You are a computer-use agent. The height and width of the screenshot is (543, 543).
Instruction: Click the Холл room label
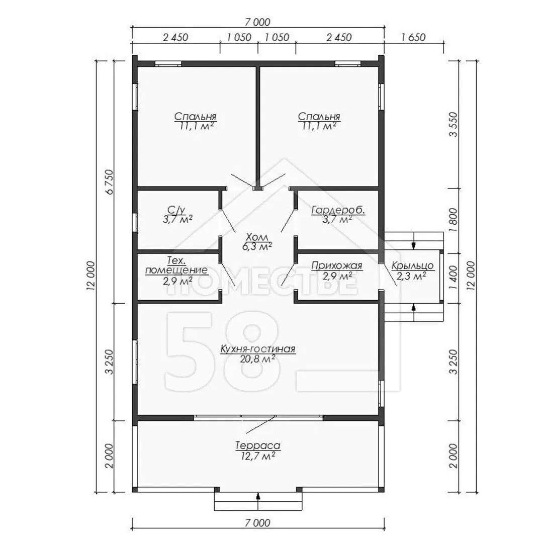[256, 237]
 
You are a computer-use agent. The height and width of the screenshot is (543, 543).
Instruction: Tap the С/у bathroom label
[176, 210]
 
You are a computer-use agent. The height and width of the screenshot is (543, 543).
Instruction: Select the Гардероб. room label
[338, 210]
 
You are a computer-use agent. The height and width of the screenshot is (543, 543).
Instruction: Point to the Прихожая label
[336, 265]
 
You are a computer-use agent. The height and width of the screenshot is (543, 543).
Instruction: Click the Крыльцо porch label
[412, 265]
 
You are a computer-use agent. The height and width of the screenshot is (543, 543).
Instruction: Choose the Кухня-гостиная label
[257, 349]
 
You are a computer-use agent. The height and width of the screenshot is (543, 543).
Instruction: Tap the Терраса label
[257, 445]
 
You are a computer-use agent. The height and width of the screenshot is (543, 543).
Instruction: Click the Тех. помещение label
[176, 265]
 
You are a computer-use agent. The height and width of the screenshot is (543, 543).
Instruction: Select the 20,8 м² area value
[257, 359]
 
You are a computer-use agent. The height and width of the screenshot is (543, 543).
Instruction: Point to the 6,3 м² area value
[256, 246]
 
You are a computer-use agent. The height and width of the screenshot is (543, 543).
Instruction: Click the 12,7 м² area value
[257, 456]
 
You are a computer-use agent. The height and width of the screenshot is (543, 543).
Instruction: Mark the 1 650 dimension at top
[413, 37]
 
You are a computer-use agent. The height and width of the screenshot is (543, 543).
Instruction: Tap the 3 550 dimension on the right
[454, 124]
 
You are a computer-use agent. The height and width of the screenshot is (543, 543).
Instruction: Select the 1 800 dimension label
[454, 220]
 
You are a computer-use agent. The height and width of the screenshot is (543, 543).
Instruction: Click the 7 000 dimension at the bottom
[257, 522]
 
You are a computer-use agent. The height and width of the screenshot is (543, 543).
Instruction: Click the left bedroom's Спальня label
[195, 116]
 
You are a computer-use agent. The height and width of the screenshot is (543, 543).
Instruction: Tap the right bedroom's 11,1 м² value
[319, 126]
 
